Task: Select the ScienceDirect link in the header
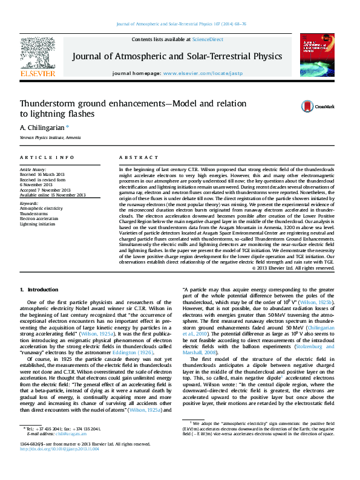(207, 39)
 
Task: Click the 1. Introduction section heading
(40, 290)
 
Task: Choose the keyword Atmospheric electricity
(41, 209)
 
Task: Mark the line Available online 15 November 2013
(53, 195)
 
